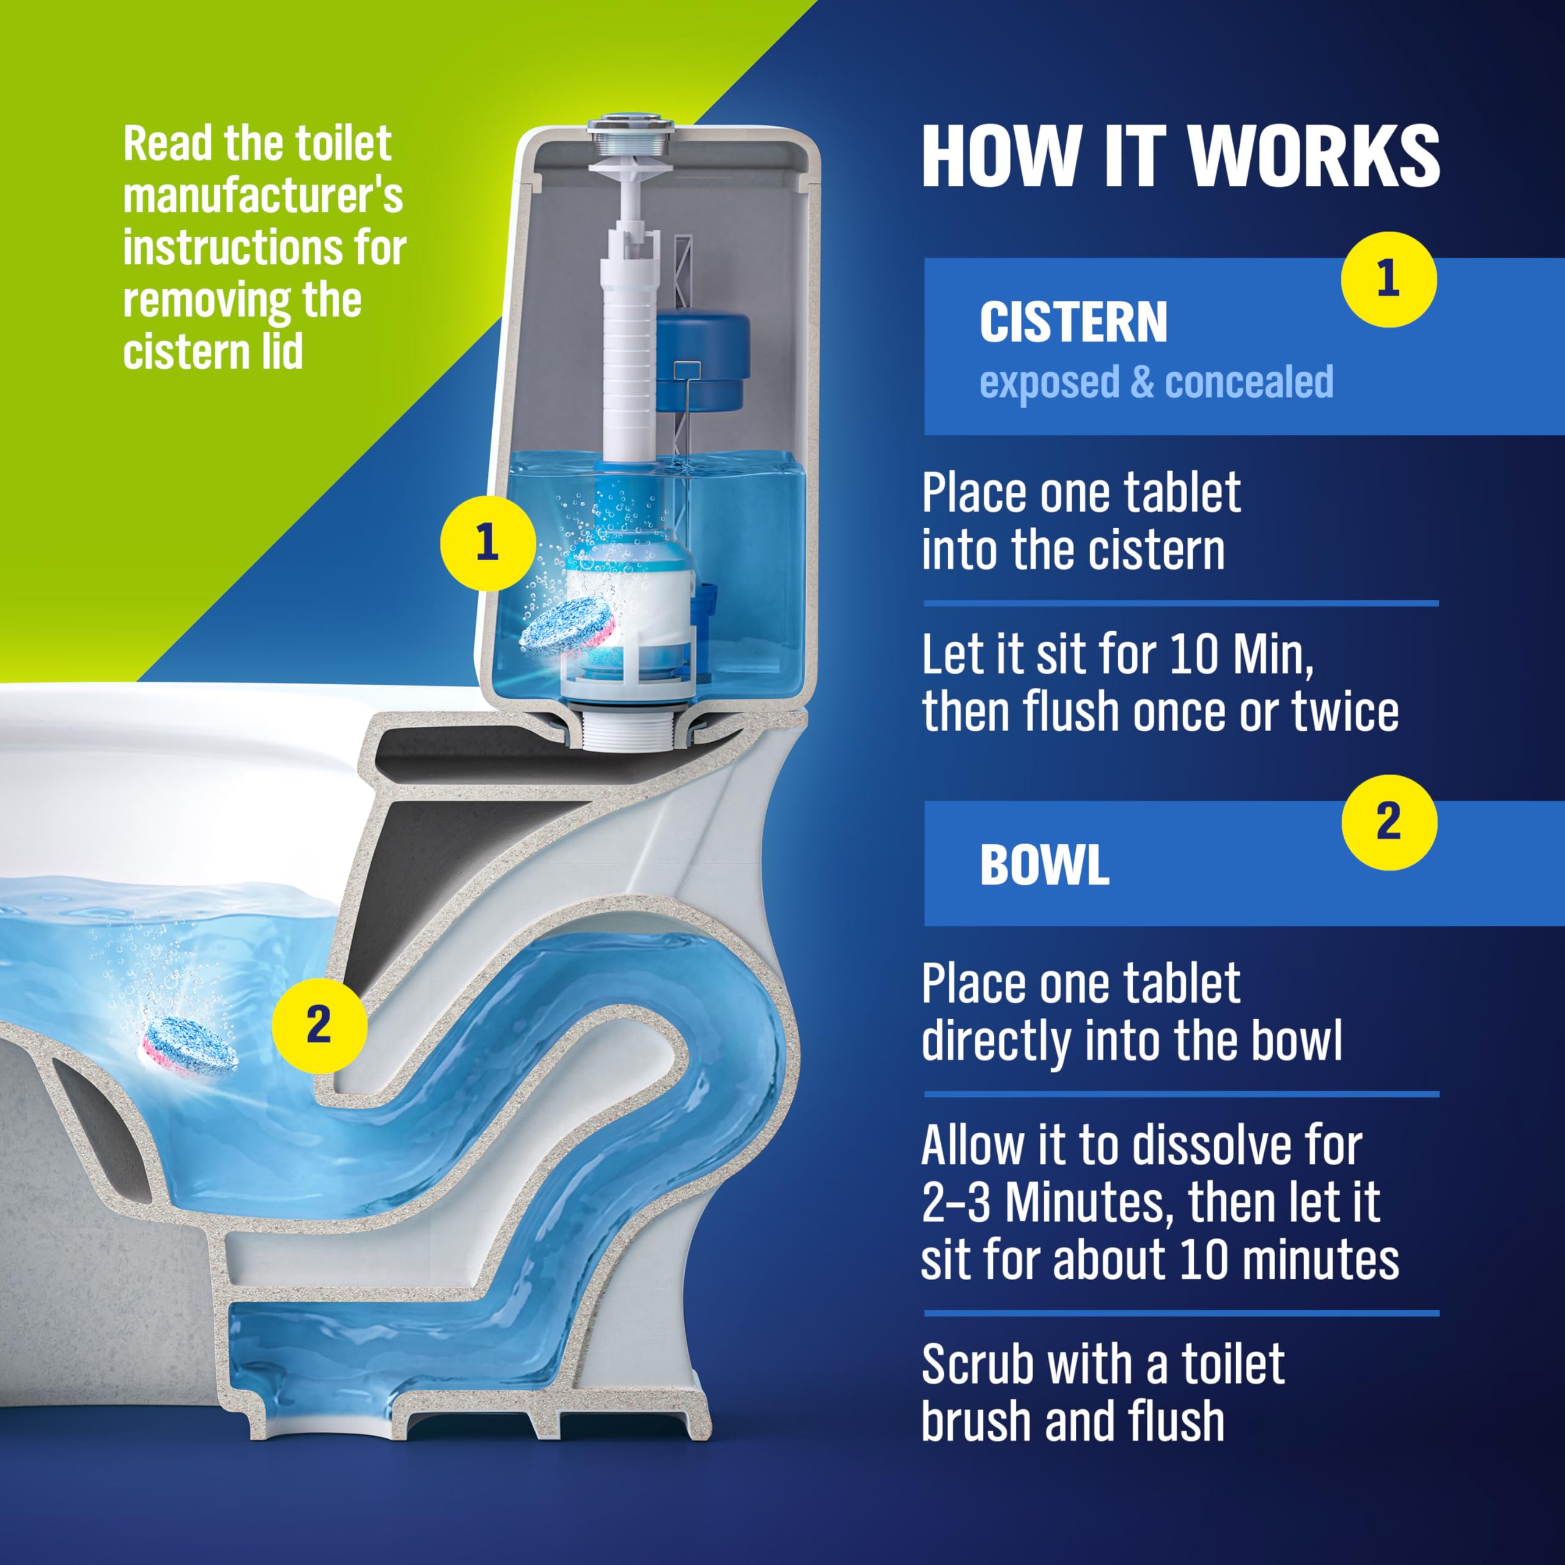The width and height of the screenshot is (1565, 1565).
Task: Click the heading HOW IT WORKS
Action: [x=1180, y=156]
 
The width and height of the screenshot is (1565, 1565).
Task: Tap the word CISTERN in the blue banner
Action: [x=1073, y=322]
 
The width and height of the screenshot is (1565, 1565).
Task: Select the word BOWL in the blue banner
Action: [x=1044, y=865]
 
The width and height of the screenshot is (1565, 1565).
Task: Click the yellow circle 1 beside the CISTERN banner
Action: [x=1388, y=279]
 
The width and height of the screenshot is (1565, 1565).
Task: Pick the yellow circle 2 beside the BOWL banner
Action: [x=1388, y=822]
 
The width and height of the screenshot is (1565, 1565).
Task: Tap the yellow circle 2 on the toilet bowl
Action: [x=319, y=1026]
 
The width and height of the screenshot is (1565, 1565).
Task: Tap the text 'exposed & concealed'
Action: [x=1156, y=382]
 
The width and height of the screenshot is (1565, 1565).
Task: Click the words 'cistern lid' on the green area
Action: [x=213, y=352]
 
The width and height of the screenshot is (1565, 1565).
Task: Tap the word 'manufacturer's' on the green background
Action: [x=262, y=196]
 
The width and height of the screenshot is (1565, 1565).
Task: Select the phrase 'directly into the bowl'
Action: [x=1131, y=1042]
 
